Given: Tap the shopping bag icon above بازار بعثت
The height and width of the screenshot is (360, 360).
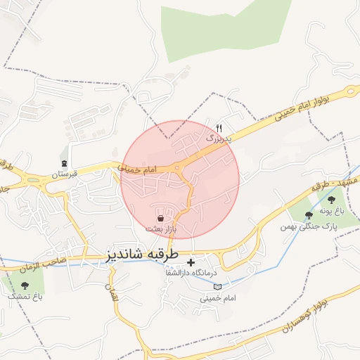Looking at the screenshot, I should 161,219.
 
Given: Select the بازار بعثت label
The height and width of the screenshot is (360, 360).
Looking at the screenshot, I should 161,229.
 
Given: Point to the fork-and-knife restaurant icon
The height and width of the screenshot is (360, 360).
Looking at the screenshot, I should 219,129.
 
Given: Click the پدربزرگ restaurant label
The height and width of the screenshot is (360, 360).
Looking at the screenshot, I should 218,139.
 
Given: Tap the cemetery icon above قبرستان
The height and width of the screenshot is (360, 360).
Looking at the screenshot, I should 65,163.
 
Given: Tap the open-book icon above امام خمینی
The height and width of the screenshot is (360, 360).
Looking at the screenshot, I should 217,287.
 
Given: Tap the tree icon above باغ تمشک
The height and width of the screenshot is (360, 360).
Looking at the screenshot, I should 25,285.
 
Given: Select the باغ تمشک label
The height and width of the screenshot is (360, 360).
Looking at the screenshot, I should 25,297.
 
